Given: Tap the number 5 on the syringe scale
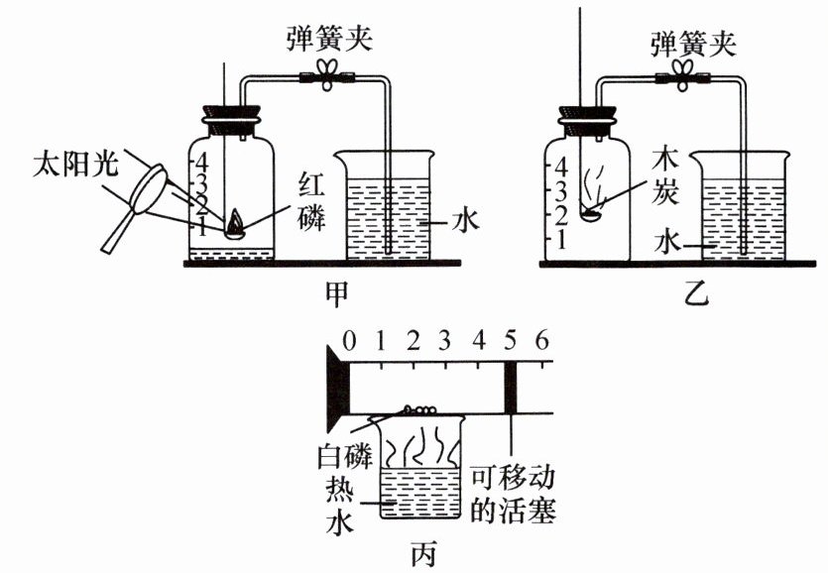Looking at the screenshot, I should tap(512, 340).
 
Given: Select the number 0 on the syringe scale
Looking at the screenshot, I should tap(348, 340).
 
